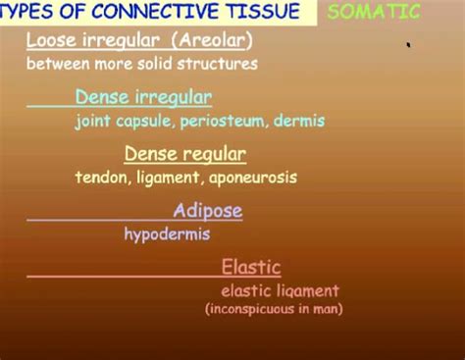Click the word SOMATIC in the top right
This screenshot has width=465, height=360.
[373, 13]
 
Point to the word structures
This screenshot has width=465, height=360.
[222, 64]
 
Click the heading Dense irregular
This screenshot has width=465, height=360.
[143, 97]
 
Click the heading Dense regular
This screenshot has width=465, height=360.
[184, 154]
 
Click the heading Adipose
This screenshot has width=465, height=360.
[207, 211]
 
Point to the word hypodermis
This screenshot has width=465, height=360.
[167, 234]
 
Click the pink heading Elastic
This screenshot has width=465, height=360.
[251, 267]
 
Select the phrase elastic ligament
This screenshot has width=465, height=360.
[280, 290]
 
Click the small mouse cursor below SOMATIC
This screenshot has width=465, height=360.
[408, 44]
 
